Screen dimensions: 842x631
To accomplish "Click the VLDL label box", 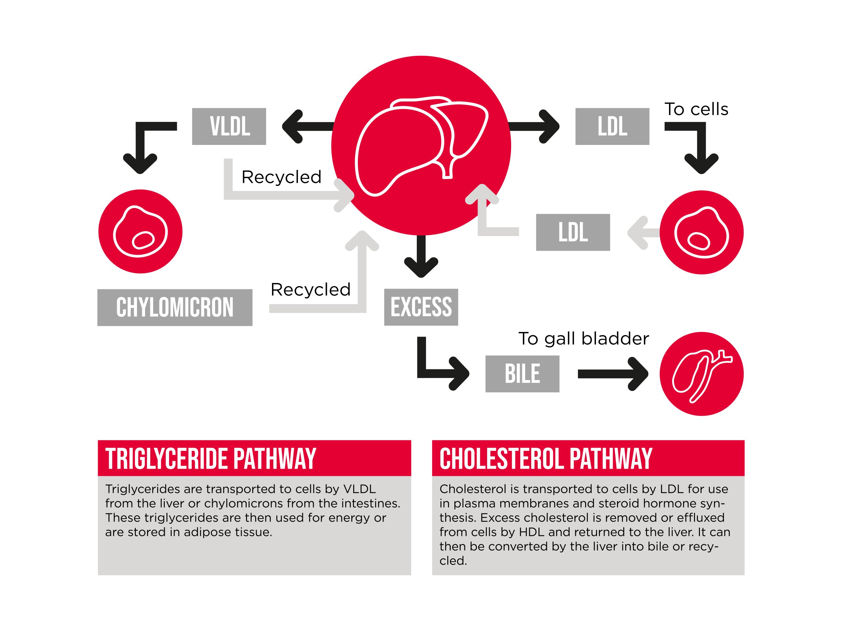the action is [229, 126].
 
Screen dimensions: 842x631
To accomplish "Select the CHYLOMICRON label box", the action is [175, 307].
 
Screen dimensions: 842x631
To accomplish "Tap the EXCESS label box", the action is [421, 307].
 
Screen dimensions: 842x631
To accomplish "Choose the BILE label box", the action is [522, 373].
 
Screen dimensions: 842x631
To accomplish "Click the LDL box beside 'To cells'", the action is [612, 126].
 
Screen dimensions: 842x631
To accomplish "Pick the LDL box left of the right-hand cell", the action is [573, 232].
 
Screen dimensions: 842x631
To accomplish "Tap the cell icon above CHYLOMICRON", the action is [140, 231].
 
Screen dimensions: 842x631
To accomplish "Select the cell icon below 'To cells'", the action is [702, 232].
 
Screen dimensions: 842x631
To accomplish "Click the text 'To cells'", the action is [696, 109].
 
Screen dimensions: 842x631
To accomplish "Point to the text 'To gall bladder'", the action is [583, 339].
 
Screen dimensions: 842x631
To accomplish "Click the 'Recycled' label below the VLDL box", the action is [282, 177].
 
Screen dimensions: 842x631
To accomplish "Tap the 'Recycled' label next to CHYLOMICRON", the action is [310, 290].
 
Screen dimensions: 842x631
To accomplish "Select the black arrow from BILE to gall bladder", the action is [613, 374].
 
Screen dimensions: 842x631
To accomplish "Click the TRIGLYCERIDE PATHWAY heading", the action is [210, 459].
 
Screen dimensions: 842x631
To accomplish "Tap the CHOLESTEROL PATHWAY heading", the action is [546, 459].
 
